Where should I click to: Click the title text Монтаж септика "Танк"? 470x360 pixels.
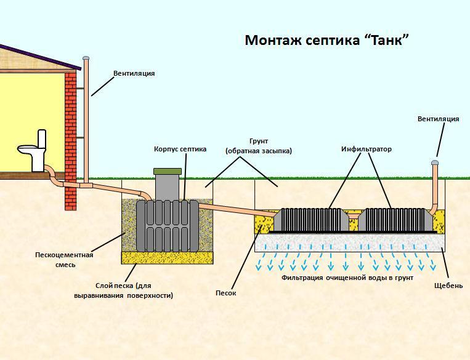tap(326, 40)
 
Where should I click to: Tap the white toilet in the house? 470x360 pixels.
tap(33, 151)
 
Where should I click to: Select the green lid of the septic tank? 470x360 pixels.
tap(168, 171)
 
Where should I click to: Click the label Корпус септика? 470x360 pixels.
tap(180, 149)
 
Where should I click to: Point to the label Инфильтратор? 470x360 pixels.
tap(367, 149)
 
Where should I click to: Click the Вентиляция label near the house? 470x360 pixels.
tap(134, 73)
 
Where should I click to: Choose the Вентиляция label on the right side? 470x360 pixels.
tap(438, 119)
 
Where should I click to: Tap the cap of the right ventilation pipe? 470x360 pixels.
tap(435, 162)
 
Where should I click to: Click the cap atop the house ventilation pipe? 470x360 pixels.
tap(86, 58)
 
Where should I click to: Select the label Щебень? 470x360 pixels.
tap(448, 286)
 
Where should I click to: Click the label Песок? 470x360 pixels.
tap(225, 293)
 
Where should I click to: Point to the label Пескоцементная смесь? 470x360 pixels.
tap(65, 260)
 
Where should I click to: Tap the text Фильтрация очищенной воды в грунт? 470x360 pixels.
tap(347, 278)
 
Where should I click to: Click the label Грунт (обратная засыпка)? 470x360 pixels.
tap(258, 146)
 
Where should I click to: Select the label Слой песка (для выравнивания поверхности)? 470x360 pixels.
tap(123, 290)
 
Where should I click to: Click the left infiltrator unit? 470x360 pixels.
tap(311, 220)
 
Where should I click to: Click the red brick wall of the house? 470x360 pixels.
tap(71, 140)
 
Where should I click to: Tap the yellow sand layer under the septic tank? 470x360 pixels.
tap(168, 258)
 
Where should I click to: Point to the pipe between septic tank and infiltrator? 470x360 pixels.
tap(237, 210)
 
